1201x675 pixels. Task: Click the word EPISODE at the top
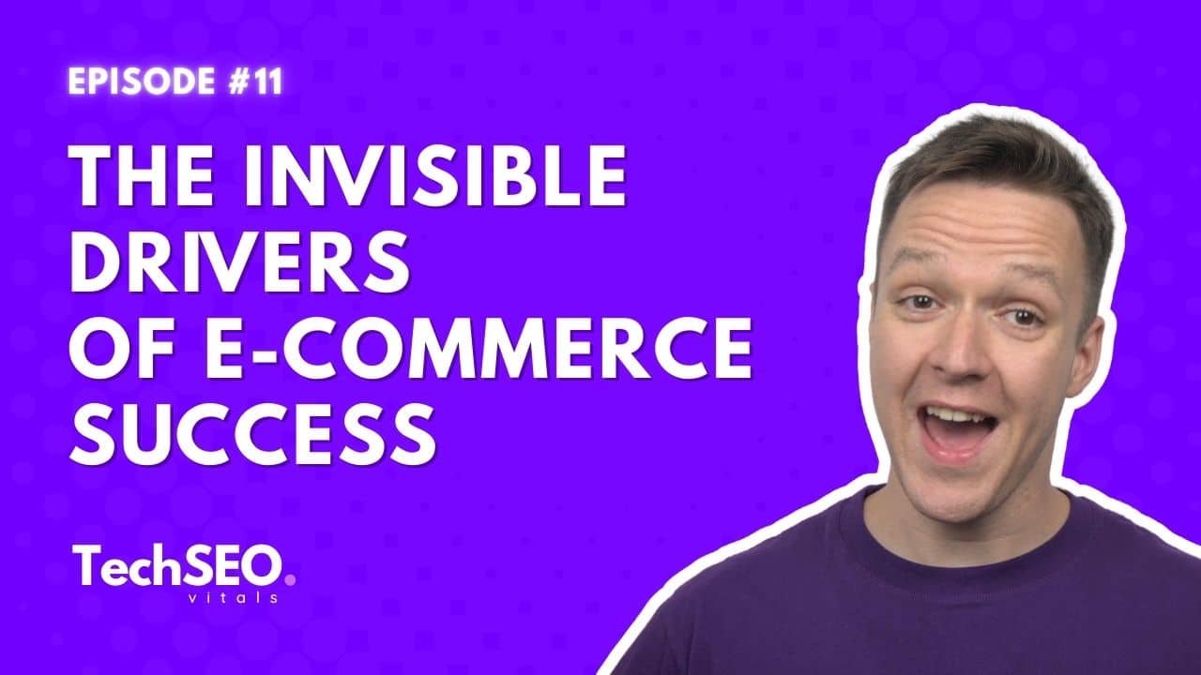142,82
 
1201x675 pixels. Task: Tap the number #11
255,82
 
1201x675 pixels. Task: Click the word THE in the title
141,176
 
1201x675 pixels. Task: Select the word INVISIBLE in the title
435,176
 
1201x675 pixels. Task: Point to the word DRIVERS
239,262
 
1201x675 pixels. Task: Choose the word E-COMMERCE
479,348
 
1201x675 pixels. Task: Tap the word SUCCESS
252,433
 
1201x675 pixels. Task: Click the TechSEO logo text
178,565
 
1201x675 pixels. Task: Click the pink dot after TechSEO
290,580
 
